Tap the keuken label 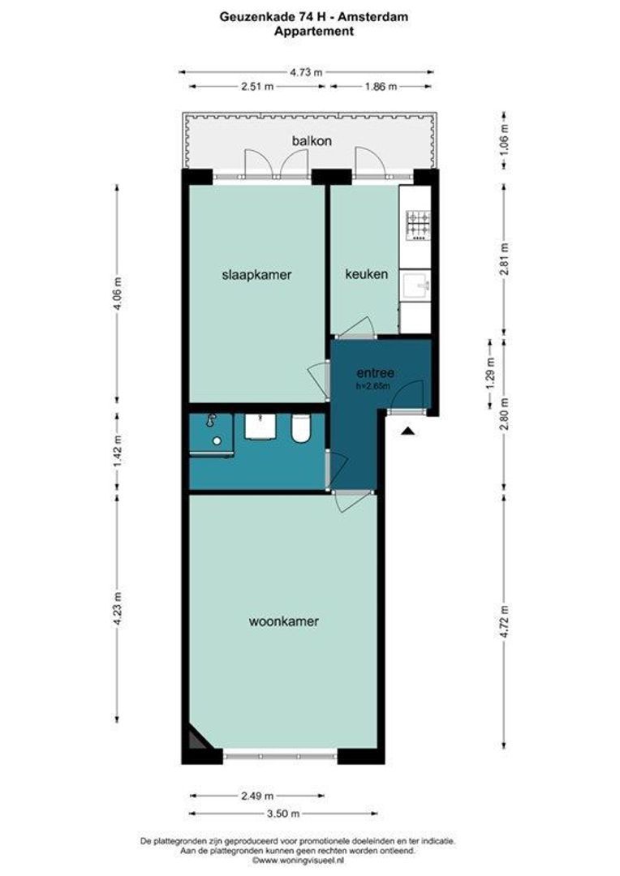(367, 274)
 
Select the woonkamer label (284, 621)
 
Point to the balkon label (312, 141)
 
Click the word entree (376, 372)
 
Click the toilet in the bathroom (301, 429)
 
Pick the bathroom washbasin (260, 427)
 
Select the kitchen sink (415, 286)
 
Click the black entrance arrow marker (408, 430)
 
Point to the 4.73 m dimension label (307, 72)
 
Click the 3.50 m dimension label (283, 813)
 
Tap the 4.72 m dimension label (504, 621)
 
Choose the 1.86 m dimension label (381, 87)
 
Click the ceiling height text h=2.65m (373, 385)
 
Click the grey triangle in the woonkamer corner (195, 741)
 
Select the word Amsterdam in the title (374, 17)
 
